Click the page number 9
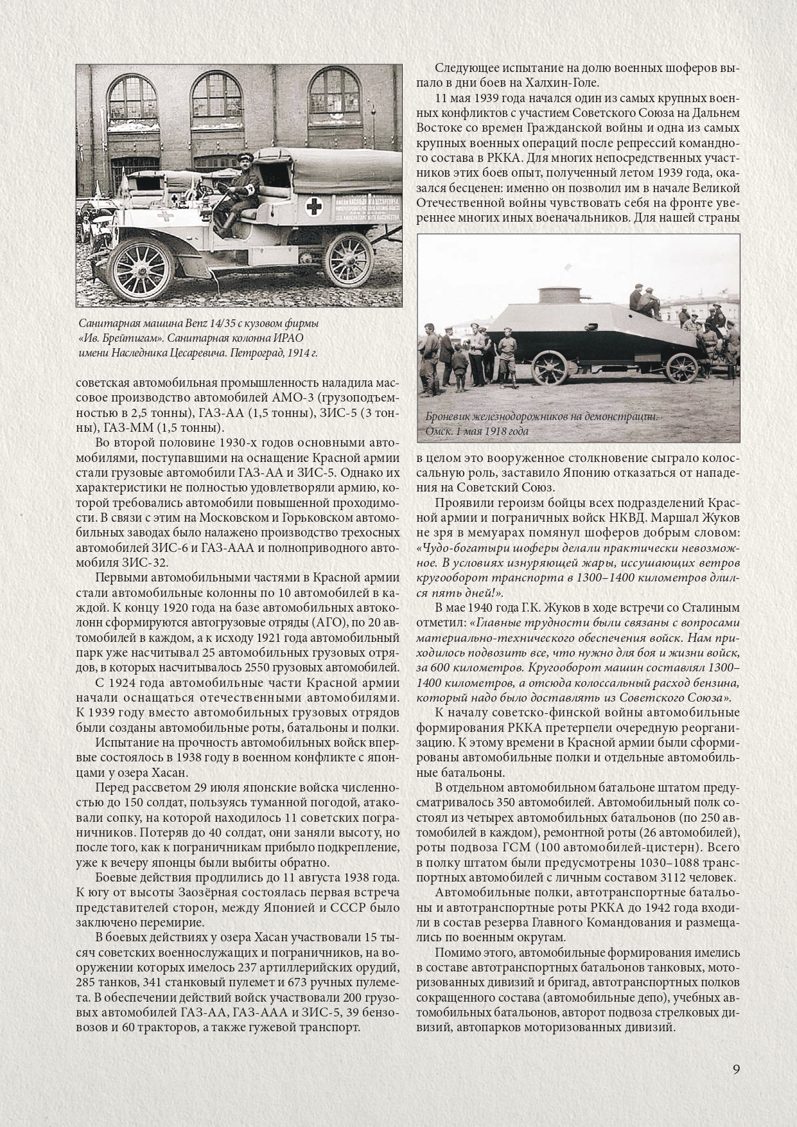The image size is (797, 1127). pyautogui.click(x=737, y=1069)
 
